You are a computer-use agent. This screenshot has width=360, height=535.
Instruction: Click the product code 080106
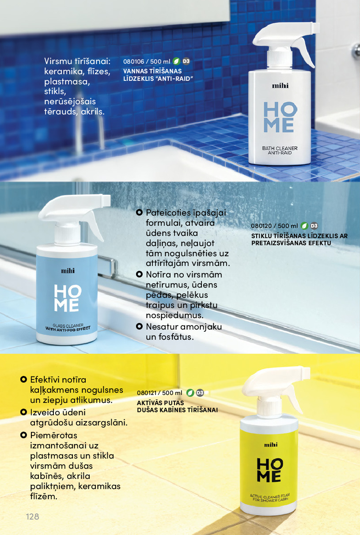click(x=134, y=61)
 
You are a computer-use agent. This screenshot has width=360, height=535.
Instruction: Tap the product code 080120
click(x=261, y=226)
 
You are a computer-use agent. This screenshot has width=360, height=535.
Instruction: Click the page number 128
click(x=33, y=516)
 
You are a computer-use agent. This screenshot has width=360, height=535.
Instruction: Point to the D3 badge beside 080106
click(x=186, y=61)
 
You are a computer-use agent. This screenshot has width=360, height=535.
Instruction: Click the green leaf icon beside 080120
click(x=304, y=226)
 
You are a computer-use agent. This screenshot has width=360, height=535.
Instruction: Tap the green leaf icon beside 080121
click(x=190, y=393)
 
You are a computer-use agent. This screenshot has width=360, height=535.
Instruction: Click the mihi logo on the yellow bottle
click(x=271, y=445)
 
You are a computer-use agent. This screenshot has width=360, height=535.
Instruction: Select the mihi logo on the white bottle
click(x=280, y=86)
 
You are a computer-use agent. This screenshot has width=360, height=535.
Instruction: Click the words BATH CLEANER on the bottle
click(x=280, y=148)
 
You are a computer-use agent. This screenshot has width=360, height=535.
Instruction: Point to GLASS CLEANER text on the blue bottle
click(x=68, y=325)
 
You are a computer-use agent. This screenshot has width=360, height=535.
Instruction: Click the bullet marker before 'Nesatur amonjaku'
click(x=139, y=326)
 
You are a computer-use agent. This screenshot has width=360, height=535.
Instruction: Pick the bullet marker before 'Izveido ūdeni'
click(x=23, y=412)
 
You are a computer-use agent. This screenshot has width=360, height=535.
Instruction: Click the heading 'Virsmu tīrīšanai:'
click(x=77, y=61)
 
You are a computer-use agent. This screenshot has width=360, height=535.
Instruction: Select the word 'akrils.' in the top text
click(x=93, y=111)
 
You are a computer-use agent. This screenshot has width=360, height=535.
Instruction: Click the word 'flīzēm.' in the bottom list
click(x=44, y=496)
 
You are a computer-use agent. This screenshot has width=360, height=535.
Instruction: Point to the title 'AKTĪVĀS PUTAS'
click(x=160, y=403)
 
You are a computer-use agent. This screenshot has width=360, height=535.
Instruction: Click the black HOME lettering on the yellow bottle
click(x=270, y=470)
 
